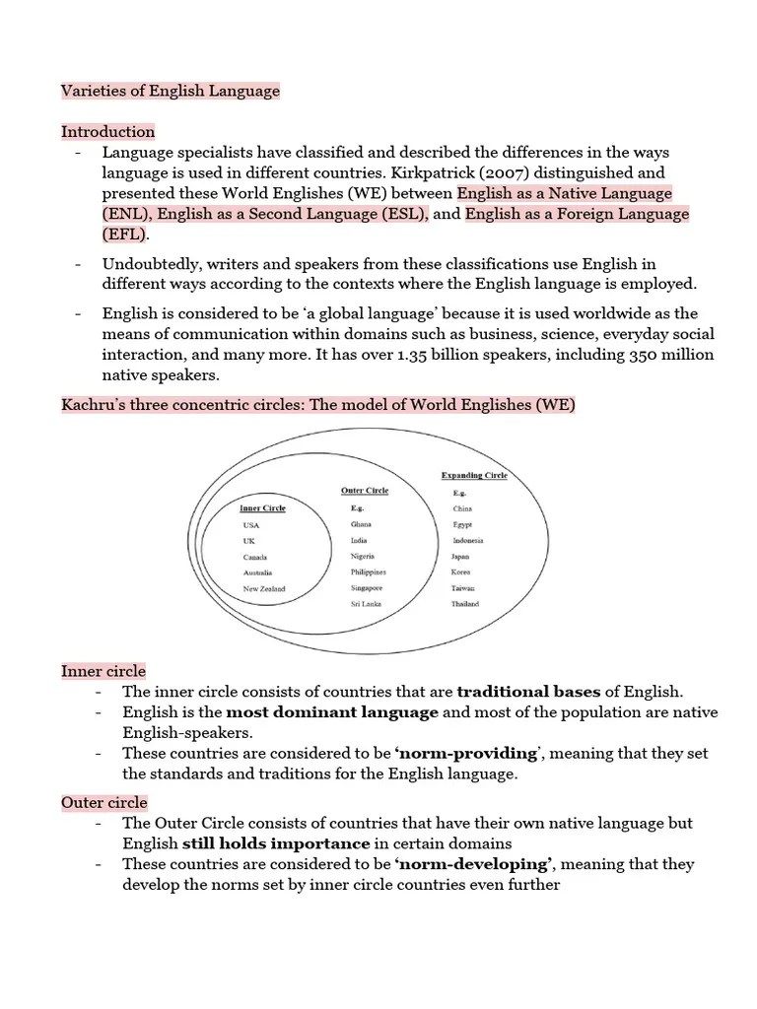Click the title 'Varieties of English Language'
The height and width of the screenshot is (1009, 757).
[171, 91]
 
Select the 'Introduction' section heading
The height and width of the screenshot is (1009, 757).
[108, 132]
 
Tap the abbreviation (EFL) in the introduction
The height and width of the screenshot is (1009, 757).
[124, 235]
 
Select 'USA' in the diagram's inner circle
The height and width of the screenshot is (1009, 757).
[251, 525]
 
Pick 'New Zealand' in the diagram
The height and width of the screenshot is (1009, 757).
[264, 589]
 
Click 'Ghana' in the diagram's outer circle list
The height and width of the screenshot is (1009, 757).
[362, 525]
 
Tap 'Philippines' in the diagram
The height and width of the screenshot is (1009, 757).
[368, 572]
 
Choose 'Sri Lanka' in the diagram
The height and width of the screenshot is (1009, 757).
[366, 604]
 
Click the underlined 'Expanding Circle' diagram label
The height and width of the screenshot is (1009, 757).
[474, 475]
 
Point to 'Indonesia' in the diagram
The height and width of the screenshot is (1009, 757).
[468, 541]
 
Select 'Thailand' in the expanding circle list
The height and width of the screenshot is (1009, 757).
[465, 604]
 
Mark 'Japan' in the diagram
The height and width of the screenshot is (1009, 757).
[461, 557]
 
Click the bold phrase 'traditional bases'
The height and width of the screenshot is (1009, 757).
[528, 692]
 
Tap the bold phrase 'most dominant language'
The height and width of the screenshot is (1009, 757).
[332, 712]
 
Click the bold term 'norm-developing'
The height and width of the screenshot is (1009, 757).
[472, 864]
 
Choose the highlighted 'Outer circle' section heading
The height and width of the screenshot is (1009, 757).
[104, 803]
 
